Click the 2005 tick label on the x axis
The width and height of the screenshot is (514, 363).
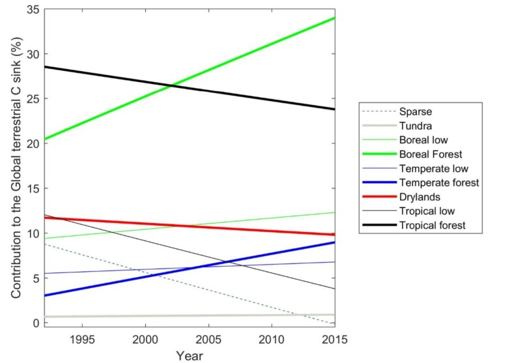coord(208,340)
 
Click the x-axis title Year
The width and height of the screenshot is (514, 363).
coord(190,355)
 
